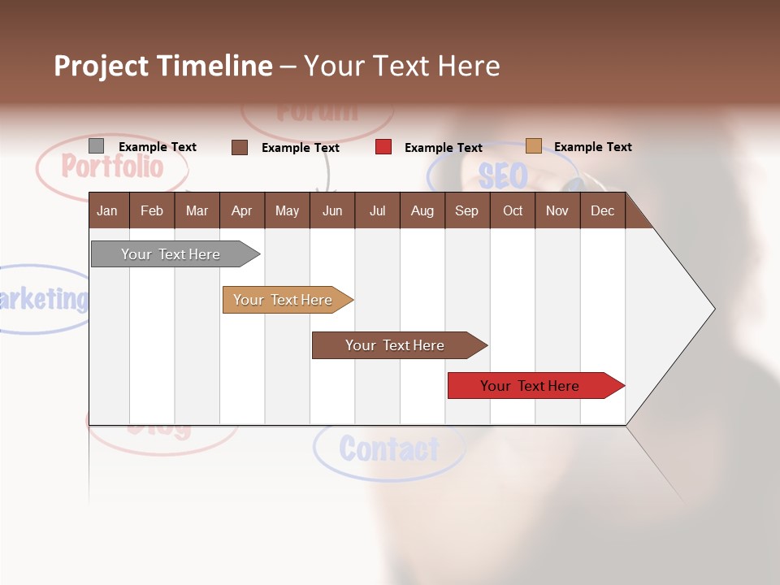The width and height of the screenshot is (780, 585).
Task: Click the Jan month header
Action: click(x=107, y=210)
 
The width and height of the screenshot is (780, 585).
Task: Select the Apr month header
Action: click(x=241, y=210)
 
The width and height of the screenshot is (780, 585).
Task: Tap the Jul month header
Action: click(x=377, y=210)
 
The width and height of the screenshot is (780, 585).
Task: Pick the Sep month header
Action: click(x=466, y=210)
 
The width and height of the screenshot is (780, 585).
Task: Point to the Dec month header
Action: click(x=602, y=210)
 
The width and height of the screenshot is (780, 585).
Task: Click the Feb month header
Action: click(x=152, y=210)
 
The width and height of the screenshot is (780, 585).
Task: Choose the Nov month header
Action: click(x=557, y=210)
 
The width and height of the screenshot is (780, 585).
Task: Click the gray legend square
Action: click(x=96, y=146)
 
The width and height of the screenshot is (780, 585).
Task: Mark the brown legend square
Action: click(x=240, y=147)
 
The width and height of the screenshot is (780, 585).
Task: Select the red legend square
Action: click(x=383, y=147)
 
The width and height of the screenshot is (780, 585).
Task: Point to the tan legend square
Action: click(x=534, y=146)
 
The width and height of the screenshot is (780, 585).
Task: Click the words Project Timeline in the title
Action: click(x=163, y=66)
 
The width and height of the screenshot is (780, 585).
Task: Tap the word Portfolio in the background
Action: click(x=112, y=167)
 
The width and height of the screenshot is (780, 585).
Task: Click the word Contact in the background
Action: click(x=389, y=448)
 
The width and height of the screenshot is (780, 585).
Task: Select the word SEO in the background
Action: click(x=502, y=175)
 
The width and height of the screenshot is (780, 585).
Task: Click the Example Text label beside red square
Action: click(x=443, y=148)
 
